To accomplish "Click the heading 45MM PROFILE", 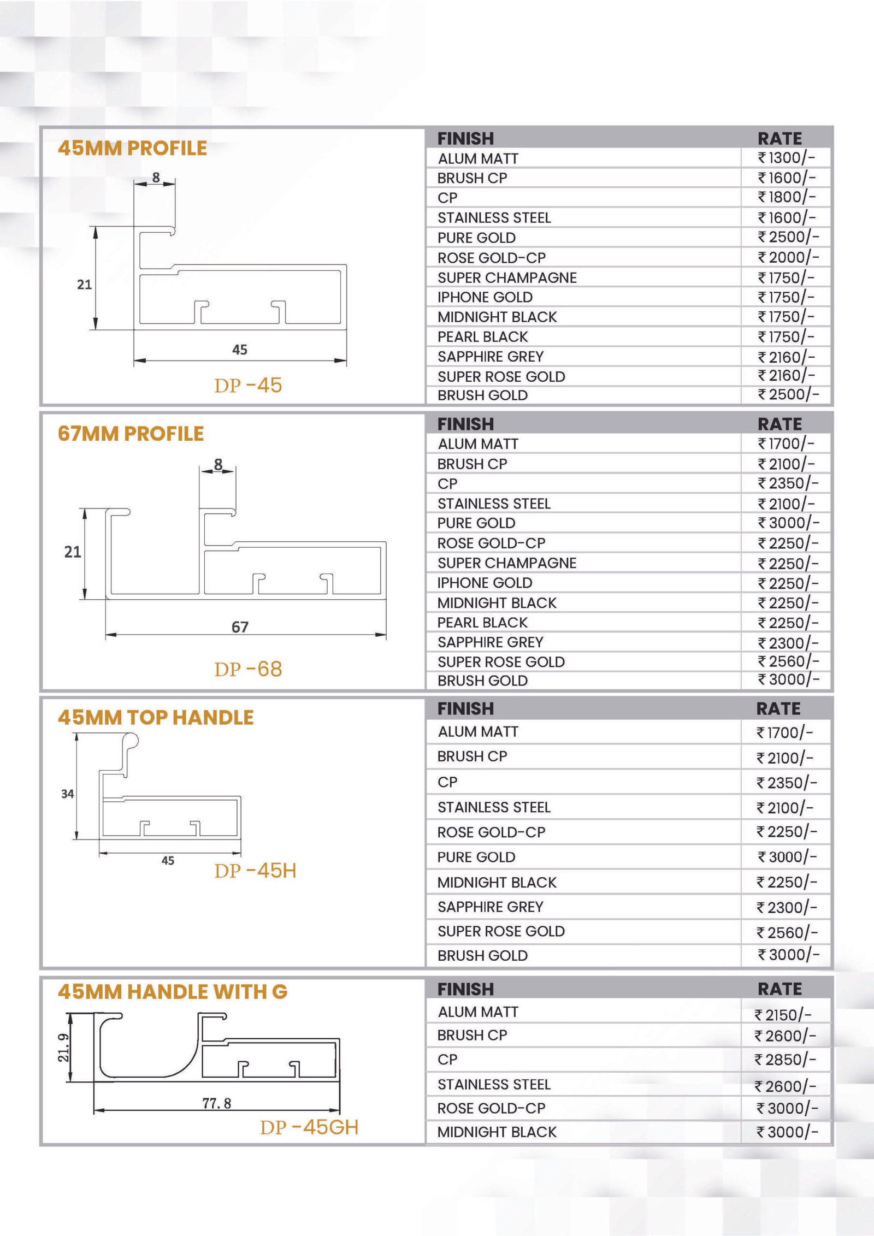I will click(132, 148).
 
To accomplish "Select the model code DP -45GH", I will click(309, 1127).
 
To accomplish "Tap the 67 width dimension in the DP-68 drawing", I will click(240, 626).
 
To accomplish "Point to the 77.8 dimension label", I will click(217, 1103).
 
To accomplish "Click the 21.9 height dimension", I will click(64, 1048).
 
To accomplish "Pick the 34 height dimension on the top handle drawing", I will click(67, 794).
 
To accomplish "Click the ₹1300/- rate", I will click(786, 158).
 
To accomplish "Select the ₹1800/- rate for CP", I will click(786, 197).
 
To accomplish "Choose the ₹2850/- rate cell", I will click(785, 1060).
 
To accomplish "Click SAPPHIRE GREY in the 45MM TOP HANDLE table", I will click(490, 907).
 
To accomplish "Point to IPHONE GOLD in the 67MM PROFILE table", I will click(485, 583).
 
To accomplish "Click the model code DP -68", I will click(248, 669).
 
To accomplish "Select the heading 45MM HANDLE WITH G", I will click(173, 991).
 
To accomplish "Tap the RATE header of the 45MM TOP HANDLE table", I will click(778, 708).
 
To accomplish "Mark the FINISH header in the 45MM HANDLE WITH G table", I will click(465, 989).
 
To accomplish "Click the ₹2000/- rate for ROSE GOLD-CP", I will click(788, 257).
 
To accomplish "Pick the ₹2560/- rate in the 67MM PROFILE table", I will click(788, 661).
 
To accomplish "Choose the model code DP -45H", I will click(255, 871).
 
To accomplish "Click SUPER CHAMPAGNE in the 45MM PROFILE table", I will click(507, 277).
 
